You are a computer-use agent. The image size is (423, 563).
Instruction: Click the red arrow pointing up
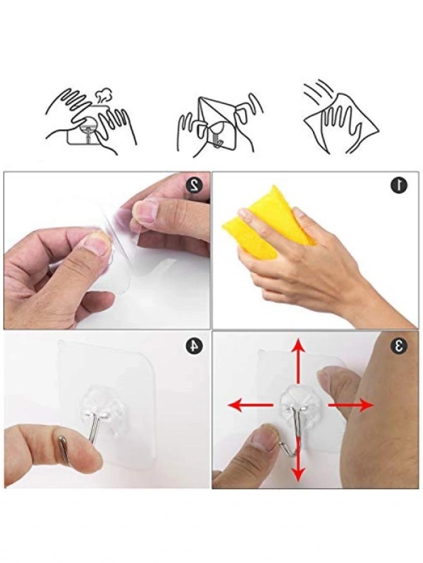pos(298,361)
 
